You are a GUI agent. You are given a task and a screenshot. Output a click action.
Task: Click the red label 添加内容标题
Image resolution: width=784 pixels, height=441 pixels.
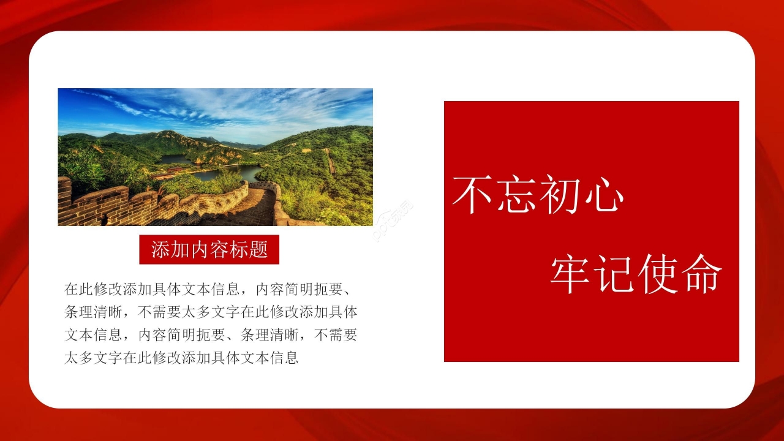209,249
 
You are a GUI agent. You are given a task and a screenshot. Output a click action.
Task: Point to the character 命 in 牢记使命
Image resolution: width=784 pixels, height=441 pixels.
701,273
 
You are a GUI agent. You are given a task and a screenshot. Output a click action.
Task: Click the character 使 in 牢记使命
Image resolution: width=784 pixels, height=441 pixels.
658,273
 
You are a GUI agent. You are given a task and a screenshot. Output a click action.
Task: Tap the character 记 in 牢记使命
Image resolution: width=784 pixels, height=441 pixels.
614,273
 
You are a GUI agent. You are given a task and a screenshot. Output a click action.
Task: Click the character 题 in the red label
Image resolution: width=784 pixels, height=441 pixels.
260,249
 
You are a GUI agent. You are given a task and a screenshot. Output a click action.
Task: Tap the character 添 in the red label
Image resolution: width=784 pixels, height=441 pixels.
159,249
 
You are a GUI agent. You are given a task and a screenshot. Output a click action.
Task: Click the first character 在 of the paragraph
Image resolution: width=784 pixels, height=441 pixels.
71,288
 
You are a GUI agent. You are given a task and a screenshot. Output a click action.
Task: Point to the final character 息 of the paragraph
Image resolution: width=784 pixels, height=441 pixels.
292,358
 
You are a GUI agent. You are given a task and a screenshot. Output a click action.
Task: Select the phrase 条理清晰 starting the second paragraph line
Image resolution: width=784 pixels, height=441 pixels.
93,312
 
